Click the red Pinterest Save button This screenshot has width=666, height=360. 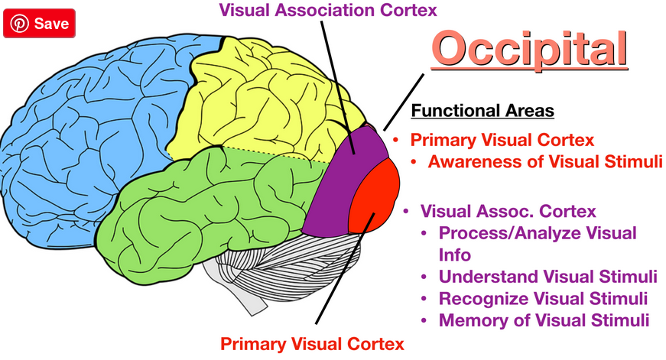coord(41,24)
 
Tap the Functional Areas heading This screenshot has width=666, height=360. coord(482,112)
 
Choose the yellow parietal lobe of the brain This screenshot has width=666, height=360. coord(252,99)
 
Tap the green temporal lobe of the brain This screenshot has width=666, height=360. coord(206,199)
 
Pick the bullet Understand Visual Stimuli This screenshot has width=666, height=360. coord(547,276)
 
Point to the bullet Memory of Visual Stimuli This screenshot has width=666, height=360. coord(544,319)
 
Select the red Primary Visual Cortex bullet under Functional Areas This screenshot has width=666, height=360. coord(502,141)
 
